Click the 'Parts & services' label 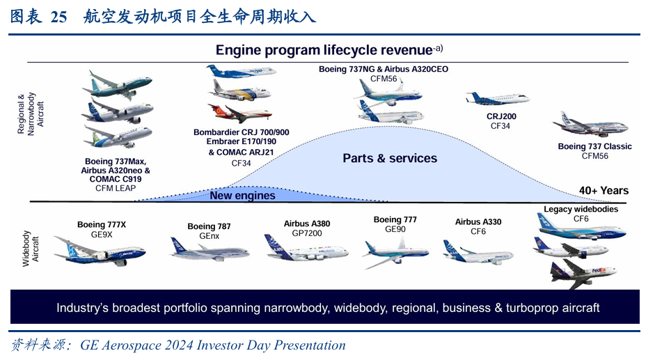390,158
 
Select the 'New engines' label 242,196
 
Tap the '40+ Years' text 603,191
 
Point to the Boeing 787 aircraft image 210,249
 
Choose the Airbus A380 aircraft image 306,249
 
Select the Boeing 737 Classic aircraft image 590,125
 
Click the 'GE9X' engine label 102,234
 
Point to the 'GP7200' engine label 307,233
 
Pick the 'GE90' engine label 395,229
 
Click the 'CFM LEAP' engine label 116,188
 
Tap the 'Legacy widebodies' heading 581,209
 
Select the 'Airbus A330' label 478,222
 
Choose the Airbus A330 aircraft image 478,251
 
